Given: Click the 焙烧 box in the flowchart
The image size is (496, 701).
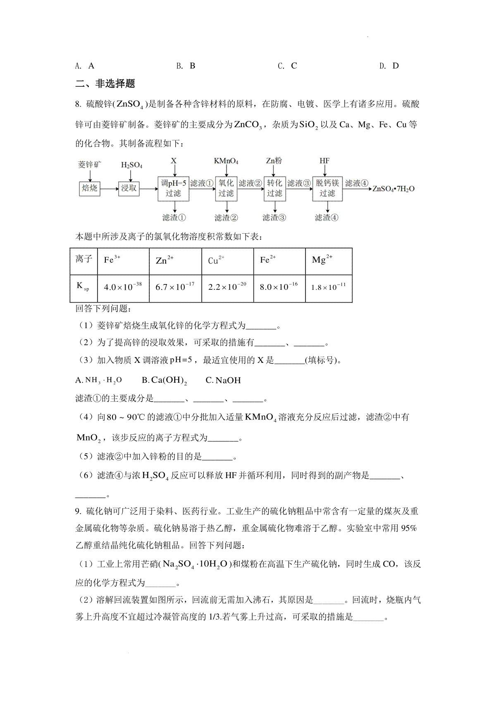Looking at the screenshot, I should click(x=89, y=188).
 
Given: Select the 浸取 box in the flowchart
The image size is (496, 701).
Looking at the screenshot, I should click(x=129, y=188).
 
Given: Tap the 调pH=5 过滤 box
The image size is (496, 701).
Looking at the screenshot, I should click(x=173, y=188).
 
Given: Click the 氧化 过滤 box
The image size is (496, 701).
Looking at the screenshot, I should click(x=226, y=188).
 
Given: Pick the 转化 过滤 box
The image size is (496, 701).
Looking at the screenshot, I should click(x=274, y=188).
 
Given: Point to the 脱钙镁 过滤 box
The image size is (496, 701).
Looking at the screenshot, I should click(x=327, y=188).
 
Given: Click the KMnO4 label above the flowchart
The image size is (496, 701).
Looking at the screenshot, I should click(x=226, y=161).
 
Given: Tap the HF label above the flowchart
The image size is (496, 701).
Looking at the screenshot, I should click(x=324, y=161).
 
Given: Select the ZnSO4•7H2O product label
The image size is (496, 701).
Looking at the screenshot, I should click(x=393, y=189).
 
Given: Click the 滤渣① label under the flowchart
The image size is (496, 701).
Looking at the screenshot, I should click(x=174, y=218).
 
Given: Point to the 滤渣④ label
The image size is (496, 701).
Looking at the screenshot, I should click(x=327, y=218).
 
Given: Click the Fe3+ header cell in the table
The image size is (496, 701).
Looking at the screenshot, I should click(x=112, y=260).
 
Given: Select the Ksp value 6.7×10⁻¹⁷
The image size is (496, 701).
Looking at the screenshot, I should click(x=175, y=287).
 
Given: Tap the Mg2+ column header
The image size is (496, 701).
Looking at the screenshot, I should click(x=322, y=260).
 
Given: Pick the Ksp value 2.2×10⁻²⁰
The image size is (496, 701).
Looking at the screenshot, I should click(x=227, y=287).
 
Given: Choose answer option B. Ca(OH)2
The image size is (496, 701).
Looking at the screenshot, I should click(x=165, y=381).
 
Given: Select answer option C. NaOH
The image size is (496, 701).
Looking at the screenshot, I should click(x=223, y=381).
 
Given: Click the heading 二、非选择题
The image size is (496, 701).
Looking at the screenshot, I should click(x=105, y=84).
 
